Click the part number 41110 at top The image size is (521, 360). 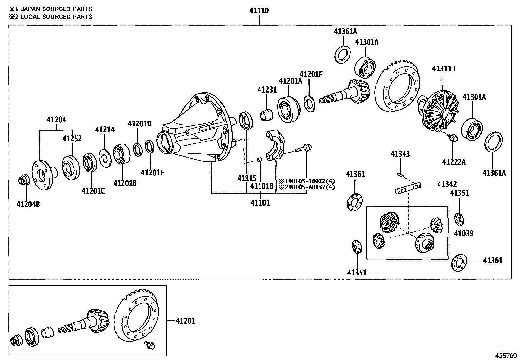click(259, 10)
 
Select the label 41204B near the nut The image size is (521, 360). click(28, 204)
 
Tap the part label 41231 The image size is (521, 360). click(267, 90)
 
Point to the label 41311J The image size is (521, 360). click(443, 69)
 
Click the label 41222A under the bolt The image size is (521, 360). click(454, 162)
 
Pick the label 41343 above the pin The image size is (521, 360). click(400, 154)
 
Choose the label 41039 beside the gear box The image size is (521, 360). click(463, 233)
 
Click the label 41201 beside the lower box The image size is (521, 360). click(185, 321)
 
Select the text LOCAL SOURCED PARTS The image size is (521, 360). click(56, 17)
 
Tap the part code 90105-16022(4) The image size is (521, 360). click(309, 181)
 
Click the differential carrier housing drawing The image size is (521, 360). click(196, 131)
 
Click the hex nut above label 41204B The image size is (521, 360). click(24, 180)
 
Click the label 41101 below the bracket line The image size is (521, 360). click(260, 203)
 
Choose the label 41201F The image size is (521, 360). click(311, 74)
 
